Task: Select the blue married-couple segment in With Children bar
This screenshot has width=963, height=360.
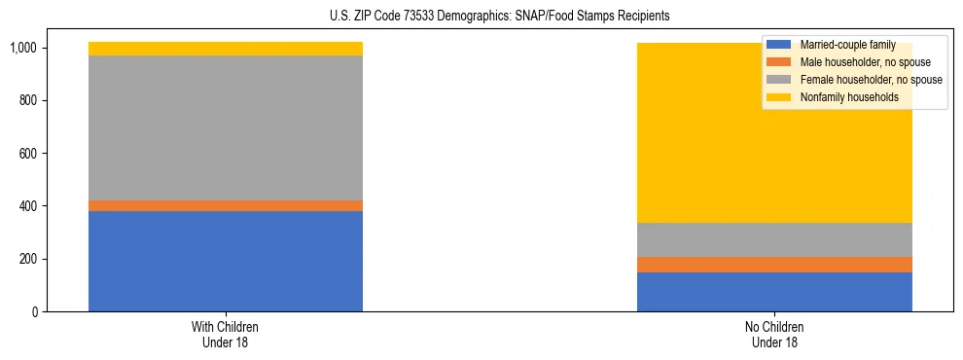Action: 226,261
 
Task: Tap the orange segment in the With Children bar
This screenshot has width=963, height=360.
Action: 226,205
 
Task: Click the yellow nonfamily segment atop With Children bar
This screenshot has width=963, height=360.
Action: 226,49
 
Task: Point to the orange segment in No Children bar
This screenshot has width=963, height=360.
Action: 774,265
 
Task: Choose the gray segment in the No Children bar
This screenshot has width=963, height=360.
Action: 774,239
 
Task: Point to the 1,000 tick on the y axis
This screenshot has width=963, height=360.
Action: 22,48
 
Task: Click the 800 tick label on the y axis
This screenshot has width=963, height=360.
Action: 26,100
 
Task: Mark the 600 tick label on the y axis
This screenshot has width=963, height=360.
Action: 26,154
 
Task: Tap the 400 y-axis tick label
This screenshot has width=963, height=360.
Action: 26,206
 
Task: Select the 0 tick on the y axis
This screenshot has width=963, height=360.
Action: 33,312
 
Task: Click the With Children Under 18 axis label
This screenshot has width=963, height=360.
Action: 226,334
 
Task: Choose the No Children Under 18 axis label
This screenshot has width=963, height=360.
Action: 774,334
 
